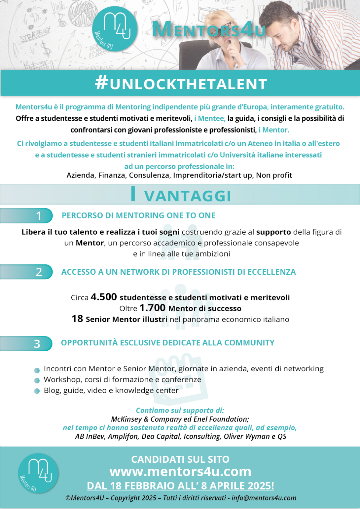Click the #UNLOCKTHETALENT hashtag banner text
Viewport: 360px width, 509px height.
181,84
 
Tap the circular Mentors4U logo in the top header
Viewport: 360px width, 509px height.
115,29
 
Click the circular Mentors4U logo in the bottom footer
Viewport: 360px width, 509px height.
38,473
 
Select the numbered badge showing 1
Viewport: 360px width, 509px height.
38,216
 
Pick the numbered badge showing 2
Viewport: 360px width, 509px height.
38,272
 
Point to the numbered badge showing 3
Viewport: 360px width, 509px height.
37,344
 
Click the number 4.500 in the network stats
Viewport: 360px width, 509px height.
104,297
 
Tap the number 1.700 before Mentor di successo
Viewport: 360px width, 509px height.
152,308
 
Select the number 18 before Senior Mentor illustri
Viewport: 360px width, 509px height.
77,319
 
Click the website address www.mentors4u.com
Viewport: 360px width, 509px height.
180,472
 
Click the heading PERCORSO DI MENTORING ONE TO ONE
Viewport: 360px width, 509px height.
138,215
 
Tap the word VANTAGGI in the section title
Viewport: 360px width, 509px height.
188,196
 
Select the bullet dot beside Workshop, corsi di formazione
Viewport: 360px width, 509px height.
37,380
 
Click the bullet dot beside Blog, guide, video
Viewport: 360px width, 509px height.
37,391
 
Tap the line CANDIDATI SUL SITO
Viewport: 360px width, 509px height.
180,459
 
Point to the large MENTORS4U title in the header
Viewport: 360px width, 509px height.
209,29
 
